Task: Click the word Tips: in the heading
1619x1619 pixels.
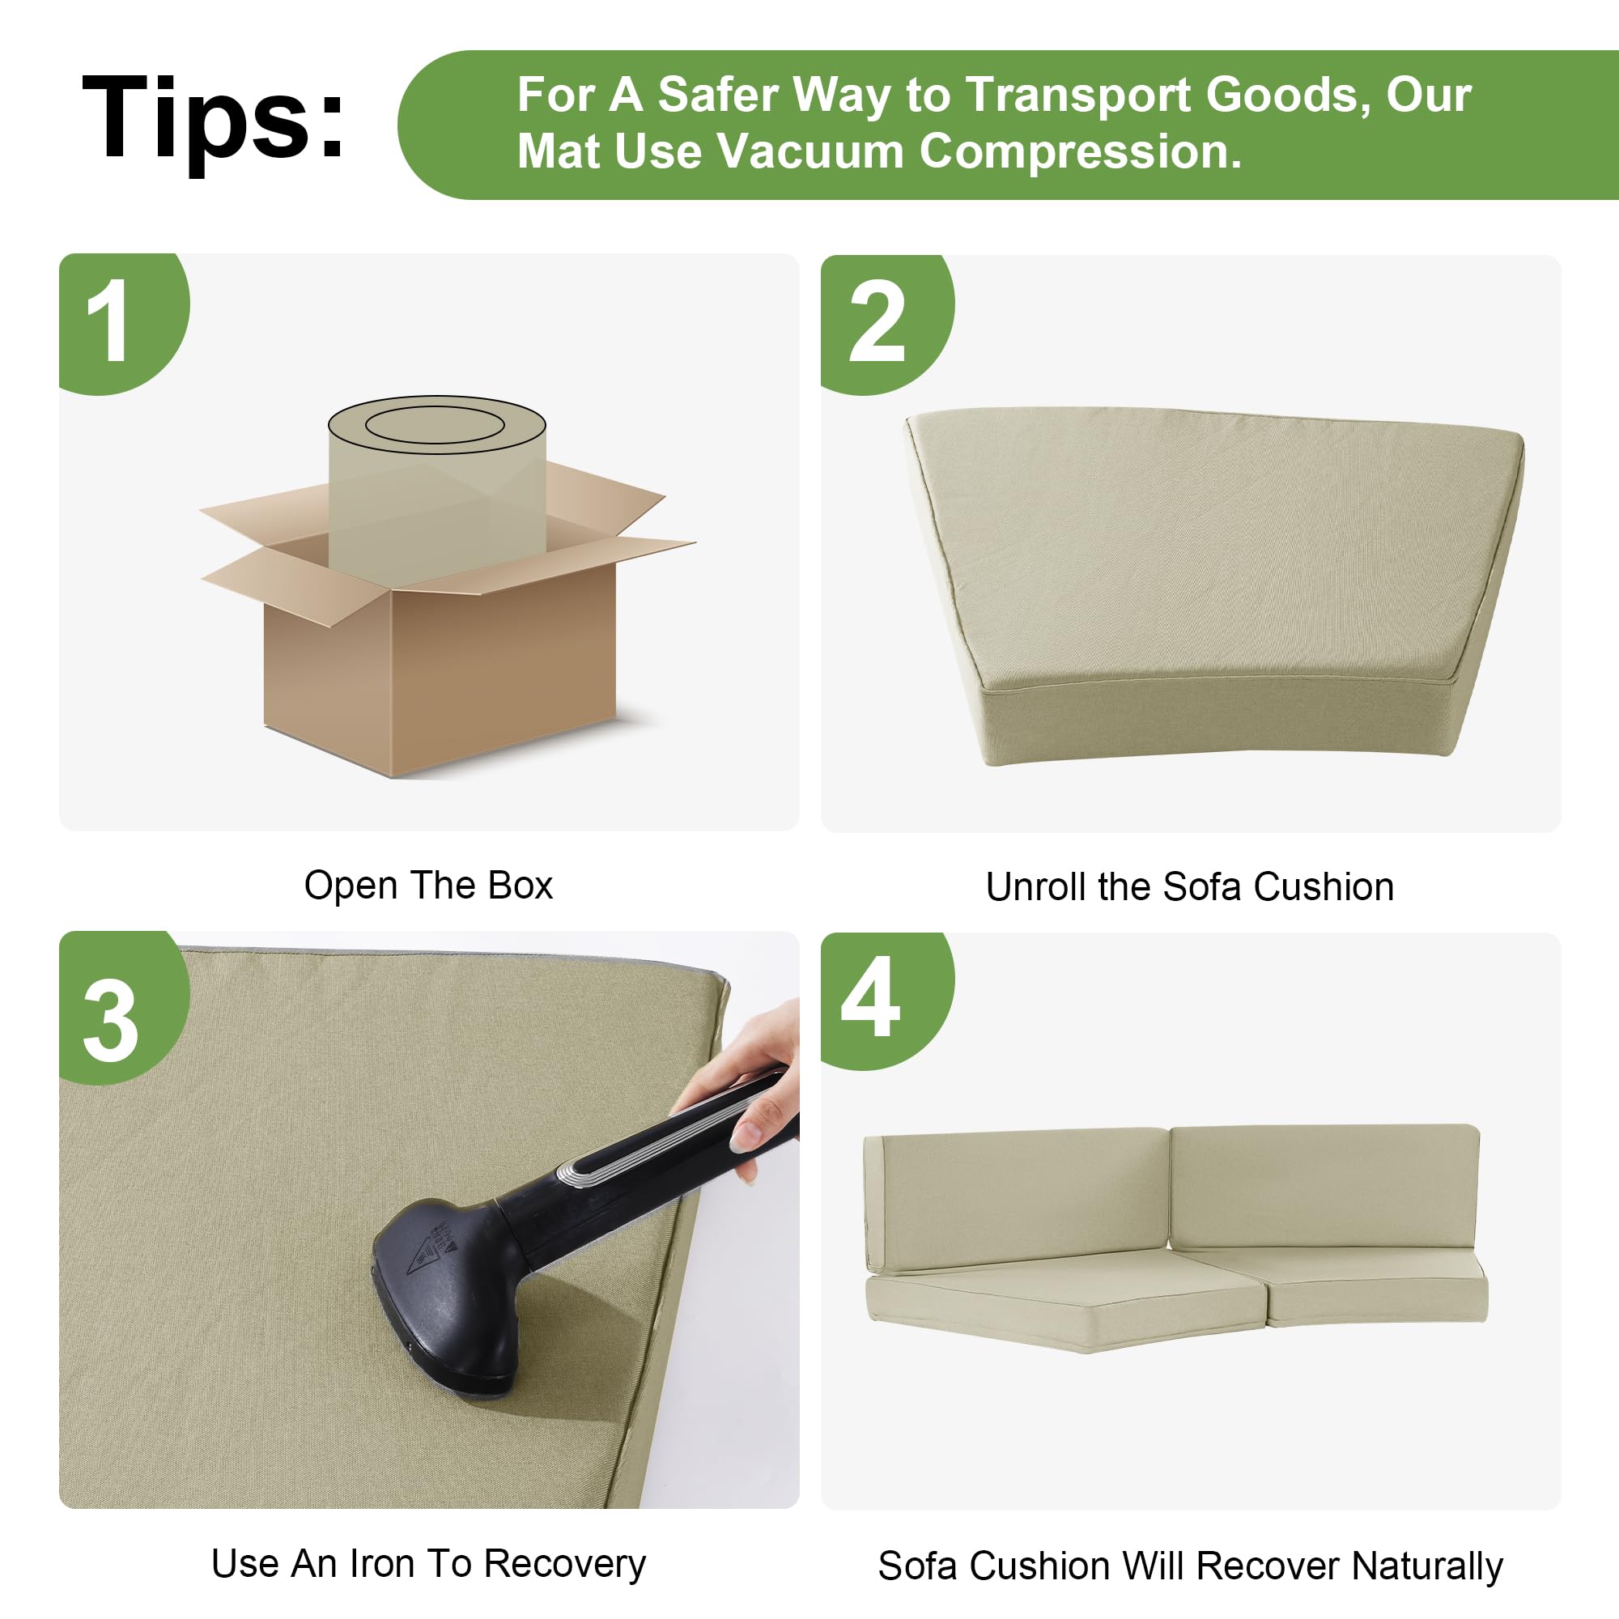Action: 214,117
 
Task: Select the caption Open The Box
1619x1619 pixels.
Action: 428,886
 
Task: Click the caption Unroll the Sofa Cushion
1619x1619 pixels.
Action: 1190,886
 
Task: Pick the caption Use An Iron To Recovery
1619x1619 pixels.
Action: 428,1564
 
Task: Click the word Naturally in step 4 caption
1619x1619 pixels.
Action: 1427,1566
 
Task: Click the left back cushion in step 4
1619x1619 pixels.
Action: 1016,1200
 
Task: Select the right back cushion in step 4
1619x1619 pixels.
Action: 1325,1188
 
